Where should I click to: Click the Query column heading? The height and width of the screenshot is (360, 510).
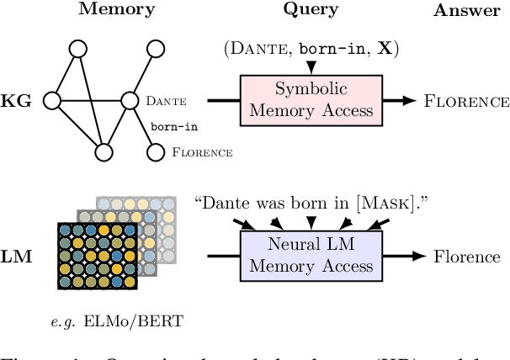311,10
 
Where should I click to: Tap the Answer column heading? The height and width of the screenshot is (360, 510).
461,10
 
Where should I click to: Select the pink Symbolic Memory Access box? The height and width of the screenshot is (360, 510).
311,101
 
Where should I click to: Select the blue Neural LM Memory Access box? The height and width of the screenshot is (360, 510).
311,255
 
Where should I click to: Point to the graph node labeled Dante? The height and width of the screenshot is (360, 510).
130,101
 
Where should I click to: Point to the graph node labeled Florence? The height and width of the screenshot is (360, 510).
154,152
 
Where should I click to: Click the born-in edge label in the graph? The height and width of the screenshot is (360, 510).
173,127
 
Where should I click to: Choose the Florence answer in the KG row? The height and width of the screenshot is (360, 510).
467,102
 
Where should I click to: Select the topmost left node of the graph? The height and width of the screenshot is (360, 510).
77,49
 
